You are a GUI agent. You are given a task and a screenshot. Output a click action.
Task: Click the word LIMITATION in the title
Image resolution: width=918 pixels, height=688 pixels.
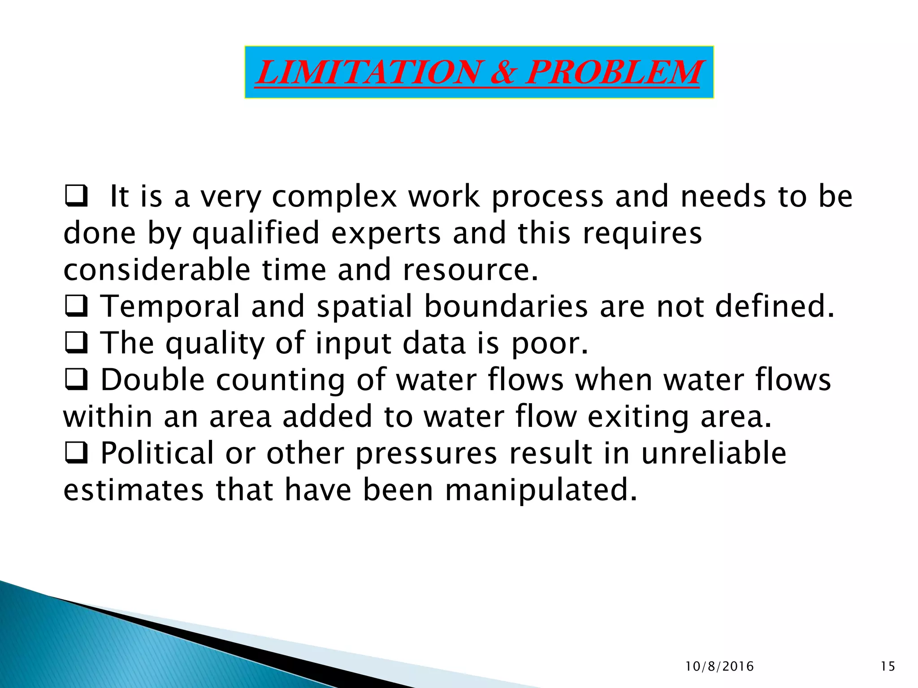click(368, 72)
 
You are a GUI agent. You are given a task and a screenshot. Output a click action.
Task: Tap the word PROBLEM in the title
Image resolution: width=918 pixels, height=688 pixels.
click(613, 72)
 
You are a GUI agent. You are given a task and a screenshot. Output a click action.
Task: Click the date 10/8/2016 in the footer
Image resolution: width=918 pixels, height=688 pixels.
click(720, 666)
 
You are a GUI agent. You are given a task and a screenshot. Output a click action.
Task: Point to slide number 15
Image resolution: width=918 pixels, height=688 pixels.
click(888, 666)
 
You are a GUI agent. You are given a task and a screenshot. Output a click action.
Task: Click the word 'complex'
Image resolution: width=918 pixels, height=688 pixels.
click(334, 198)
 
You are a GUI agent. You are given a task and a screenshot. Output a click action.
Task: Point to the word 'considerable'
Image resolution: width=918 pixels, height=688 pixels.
click(157, 270)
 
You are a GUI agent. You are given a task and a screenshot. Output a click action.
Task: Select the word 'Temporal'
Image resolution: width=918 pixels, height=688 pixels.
click(170, 307)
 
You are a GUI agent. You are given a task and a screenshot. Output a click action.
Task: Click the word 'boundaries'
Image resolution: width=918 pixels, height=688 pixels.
click(506, 307)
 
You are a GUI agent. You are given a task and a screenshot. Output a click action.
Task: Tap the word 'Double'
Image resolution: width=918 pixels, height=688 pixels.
click(153, 380)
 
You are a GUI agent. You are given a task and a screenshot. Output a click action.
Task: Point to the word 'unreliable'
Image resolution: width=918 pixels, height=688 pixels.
click(714, 453)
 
